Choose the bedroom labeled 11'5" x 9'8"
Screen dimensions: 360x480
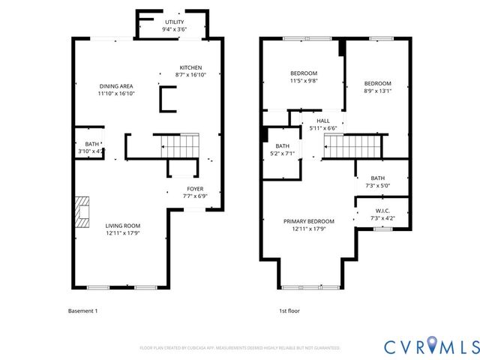[x=304, y=77]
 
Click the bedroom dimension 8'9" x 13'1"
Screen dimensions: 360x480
[x=377, y=92]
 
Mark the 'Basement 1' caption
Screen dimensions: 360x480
[x=82, y=310]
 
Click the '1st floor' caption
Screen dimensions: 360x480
[x=289, y=310]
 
